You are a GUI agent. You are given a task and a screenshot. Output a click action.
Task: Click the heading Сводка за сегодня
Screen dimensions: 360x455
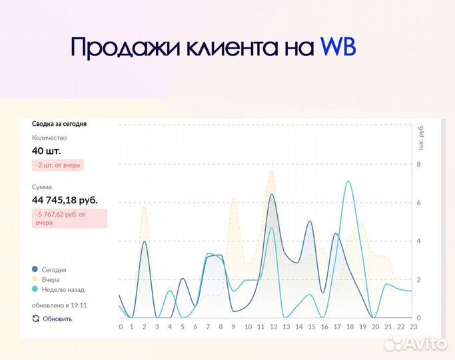[x=59, y=123]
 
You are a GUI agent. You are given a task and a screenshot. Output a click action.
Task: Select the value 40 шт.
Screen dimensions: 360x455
[x=47, y=151]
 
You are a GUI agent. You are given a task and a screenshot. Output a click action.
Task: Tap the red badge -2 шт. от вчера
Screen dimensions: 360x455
[x=58, y=165]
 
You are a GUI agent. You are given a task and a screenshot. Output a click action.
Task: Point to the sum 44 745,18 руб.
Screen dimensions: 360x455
[x=65, y=200]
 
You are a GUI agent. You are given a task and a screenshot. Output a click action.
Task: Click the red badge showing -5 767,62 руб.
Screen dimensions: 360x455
[x=69, y=218]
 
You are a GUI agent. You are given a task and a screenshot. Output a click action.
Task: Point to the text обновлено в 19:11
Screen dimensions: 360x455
[x=59, y=305]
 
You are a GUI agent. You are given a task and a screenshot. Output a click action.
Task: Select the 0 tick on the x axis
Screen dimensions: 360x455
[x=121, y=327]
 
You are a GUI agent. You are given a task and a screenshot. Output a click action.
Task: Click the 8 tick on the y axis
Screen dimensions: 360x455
[x=418, y=165]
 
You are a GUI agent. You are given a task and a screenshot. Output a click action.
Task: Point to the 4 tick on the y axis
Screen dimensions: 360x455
[x=418, y=241]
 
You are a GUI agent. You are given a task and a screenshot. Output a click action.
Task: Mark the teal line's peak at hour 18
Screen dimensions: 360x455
[x=348, y=181]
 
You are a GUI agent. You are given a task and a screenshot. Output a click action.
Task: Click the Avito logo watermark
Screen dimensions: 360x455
[x=416, y=343]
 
